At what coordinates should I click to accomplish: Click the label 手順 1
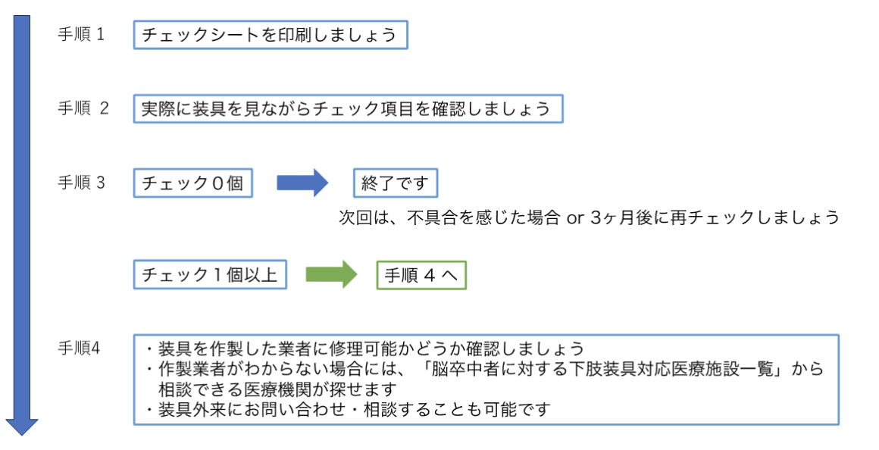81,35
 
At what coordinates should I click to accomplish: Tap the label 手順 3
81,183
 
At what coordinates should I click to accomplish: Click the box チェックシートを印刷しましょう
271,35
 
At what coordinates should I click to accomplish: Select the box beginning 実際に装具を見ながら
348,108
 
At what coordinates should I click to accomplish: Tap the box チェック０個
192,183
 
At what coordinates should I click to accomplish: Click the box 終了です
395,183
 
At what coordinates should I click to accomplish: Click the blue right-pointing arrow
301,183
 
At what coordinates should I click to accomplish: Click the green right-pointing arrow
331,275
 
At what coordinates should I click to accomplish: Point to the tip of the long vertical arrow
21,433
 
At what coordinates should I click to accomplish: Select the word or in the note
575,218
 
